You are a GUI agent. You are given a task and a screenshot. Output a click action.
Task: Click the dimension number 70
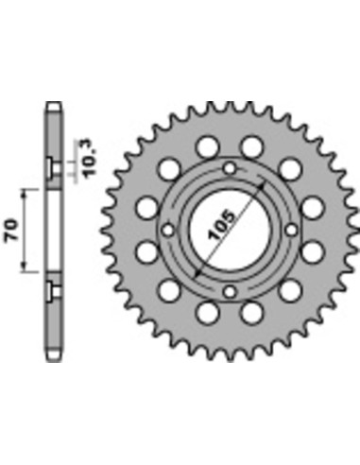pos(11,231)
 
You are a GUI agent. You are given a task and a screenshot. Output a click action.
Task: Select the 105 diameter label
pos(222,225)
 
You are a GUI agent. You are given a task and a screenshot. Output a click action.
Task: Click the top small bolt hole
pos(231,168)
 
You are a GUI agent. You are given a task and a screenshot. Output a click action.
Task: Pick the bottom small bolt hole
pos(231,292)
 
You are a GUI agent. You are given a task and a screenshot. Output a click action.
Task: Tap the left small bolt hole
pos(168,231)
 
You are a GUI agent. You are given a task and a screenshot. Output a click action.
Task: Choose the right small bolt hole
pos(292,231)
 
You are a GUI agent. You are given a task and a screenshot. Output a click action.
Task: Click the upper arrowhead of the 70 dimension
pos(24,193)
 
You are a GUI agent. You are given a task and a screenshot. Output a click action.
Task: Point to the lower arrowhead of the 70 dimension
pos(24,267)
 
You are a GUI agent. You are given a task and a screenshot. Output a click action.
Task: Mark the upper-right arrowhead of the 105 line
pos(262,186)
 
